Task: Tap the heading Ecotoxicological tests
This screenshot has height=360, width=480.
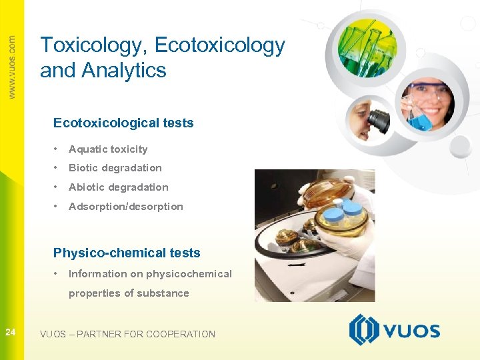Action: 123,123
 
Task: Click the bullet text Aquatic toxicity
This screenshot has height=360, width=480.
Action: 108,149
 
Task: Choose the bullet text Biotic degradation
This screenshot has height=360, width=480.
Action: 115,168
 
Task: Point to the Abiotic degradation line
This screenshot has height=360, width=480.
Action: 118,187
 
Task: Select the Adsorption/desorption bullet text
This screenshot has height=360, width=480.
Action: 125,207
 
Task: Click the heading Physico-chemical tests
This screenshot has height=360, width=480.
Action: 127,253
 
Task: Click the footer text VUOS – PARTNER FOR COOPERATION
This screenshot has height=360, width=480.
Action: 127,334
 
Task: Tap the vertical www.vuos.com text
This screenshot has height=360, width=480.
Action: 11,67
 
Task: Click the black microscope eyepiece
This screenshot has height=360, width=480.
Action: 378,119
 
